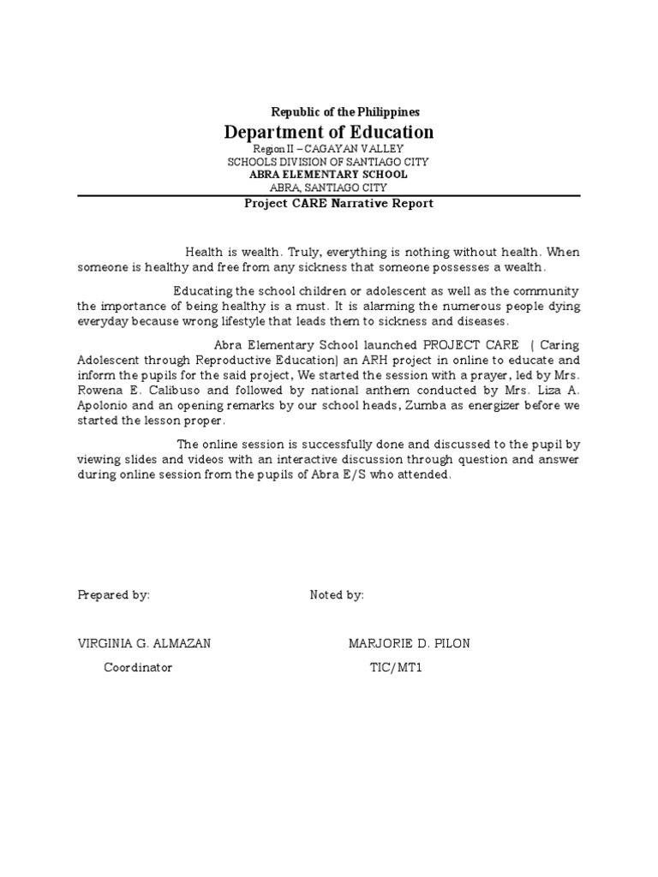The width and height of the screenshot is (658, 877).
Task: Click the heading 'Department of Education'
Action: click(x=329, y=132)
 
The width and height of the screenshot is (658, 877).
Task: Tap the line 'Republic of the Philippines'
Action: click(x=345, y=111)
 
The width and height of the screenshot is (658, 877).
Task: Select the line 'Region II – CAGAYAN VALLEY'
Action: click(x=328, y=149)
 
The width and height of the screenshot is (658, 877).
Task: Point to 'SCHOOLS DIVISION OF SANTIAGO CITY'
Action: click(x=328, y=162)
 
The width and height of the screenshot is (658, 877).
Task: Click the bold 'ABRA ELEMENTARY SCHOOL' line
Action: click(x=328, y=175)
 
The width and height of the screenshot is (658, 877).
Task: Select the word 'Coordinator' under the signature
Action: click(x=138, y=667)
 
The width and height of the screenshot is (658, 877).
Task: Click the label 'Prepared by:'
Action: click(x=113, y=595)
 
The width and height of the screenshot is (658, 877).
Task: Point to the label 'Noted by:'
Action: click(x=337, y=595)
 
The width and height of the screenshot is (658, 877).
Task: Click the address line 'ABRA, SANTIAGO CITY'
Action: click(x=328, y=188)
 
